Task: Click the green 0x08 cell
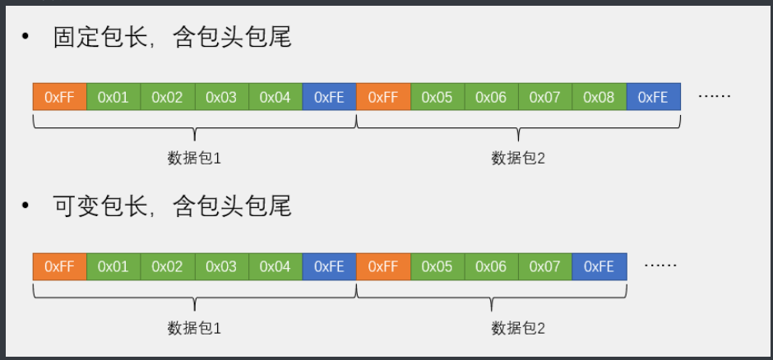pos(599,97)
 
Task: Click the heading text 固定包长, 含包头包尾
pos(172,36)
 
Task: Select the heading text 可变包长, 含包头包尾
pos(172,206)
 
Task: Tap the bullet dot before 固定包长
pos(26,37)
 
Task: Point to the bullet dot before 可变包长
pos(26,206)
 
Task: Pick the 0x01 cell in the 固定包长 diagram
pos(113,97)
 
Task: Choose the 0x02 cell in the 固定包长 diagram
pos(167,97)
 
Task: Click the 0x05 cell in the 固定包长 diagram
pos(437,97)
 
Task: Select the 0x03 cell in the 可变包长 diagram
pos(221,266)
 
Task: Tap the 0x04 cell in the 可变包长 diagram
pos(275,266)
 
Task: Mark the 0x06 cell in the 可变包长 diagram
pos(491,266)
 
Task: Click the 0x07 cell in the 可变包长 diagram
pos(544,266)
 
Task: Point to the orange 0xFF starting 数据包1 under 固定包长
pos(59,97)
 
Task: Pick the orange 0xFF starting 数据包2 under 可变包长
pos(383,266)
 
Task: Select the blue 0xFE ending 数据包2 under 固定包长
pos(653,97)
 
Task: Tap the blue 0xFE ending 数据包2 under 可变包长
pos(599,266)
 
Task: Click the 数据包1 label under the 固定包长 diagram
pos(194,158)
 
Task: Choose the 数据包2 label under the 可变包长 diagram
pos(518,328)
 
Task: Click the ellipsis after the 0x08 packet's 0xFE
pos(714,95)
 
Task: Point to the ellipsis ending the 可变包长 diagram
pos(660,265)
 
